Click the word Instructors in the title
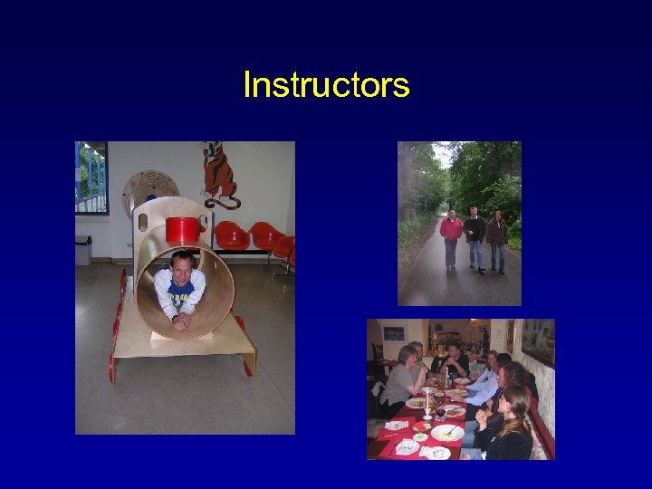point(326,85)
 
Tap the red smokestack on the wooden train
point(182,230)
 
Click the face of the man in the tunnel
point(181,268)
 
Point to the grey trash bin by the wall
point(83,250)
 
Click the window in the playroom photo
point(91,177)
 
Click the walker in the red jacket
point(451,237)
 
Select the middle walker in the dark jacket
point(475,237)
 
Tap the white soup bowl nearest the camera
point(446,433)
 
